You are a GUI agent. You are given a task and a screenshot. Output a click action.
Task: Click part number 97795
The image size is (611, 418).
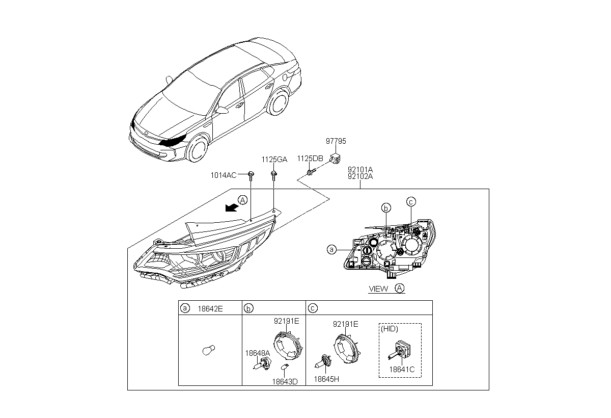point(335,141)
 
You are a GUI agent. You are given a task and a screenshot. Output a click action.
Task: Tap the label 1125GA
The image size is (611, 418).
point(274,160)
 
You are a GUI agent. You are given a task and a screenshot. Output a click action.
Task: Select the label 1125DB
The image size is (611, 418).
point(310,159)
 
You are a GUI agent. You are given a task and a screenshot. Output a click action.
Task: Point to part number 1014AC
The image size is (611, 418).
point(224,175)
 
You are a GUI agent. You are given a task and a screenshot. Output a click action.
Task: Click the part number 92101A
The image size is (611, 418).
point(360,170)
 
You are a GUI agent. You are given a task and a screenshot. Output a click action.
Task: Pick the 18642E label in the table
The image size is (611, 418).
point(210,308)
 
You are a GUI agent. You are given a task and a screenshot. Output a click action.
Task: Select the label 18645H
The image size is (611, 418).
point(326,379)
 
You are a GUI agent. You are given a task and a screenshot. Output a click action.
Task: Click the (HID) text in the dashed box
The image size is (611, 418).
point(390,329)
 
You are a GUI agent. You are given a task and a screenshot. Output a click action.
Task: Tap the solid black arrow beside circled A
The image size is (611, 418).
point(232,207)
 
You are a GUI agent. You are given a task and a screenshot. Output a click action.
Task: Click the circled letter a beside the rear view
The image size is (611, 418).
point(331,249)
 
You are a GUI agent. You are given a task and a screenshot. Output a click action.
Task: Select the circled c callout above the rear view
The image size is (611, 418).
point(411,201)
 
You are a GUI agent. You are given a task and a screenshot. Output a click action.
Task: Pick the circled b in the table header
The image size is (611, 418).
point(248,308)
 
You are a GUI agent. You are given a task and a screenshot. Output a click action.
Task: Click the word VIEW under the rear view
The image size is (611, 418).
point(378,289)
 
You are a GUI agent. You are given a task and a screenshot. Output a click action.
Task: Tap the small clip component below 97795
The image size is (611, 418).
point(335,158)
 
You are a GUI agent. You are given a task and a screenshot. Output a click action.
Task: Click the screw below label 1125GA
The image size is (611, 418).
point(274,176)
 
